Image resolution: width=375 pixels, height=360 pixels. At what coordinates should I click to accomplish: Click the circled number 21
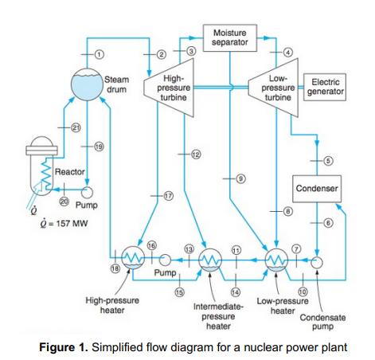click(x=76, y=127)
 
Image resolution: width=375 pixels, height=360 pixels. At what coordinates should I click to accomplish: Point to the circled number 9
click(x=240, y=178)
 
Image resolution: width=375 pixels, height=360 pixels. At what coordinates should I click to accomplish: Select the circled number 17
click(x=169, y=196)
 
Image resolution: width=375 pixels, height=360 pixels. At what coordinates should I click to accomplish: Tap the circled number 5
click(x=328, y=161)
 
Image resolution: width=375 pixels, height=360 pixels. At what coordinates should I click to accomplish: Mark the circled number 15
click(x=179, y=292)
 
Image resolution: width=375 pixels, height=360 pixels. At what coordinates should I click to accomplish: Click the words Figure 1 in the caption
click(x=64, y=347)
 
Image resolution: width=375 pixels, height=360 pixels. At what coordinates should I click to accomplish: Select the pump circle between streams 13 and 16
click(x=165, y=260)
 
